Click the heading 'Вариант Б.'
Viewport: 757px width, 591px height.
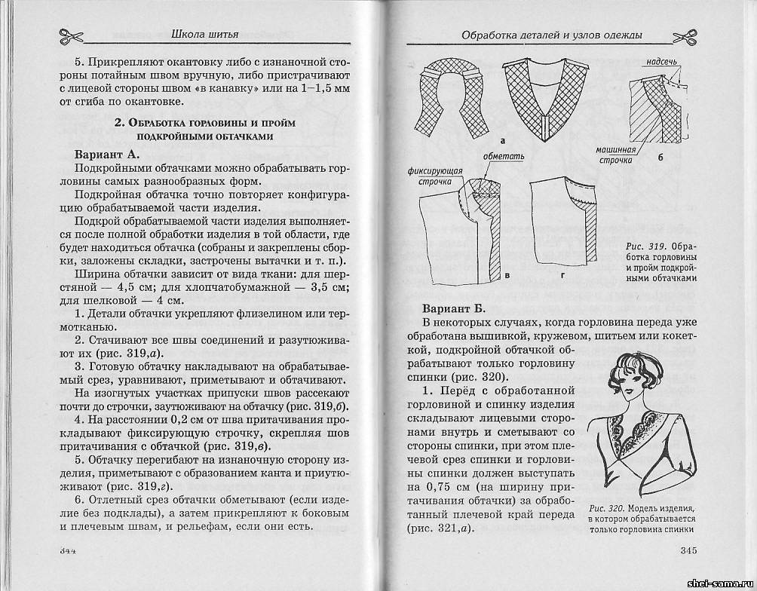[451, 309]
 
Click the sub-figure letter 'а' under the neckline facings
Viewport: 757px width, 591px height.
[502, 140]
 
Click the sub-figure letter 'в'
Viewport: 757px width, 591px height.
[507, 276]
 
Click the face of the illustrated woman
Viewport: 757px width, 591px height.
[640, 382]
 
